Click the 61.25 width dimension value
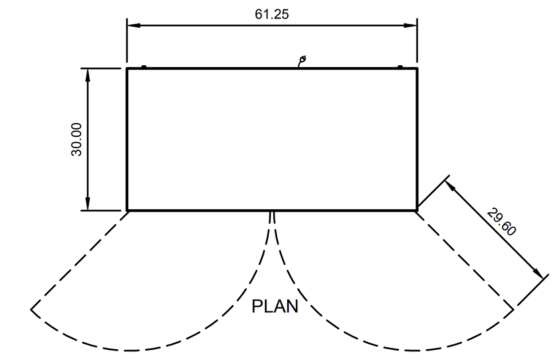point(272,14)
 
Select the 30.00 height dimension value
point(77,139)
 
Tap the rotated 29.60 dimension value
point(501,222)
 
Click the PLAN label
point(275,306)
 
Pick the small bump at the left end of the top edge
point(144,67)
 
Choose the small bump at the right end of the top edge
point(400,67)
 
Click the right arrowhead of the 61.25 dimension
point(411,25)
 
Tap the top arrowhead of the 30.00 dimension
point(88,74)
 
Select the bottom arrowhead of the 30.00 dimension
point(88,205)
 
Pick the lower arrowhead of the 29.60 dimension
point(538,273)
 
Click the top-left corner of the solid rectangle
point(127,68)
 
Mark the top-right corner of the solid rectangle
point(417,68)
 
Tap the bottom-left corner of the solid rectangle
point(127,210)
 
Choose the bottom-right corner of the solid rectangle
point(417,210)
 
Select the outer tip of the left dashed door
point(31,309)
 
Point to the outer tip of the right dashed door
point(513,309)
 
